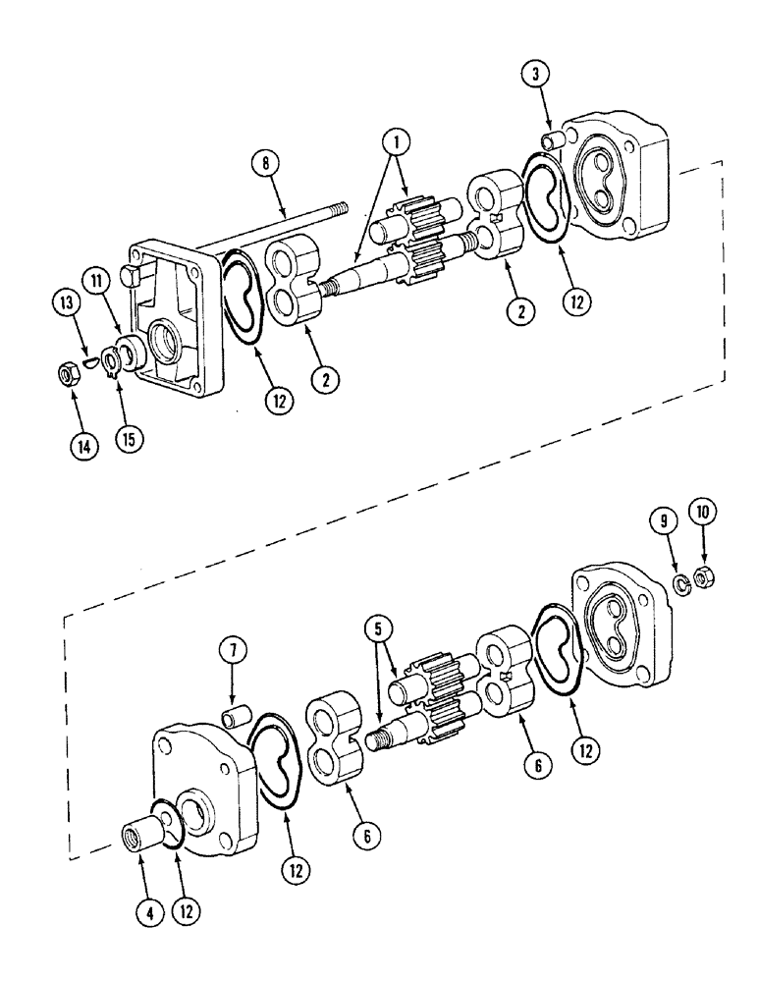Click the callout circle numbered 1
click(398, 143)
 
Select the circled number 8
click(264, 163)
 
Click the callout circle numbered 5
click(380, 628)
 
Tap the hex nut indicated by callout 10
click(703, 576)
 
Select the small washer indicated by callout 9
click(680, 585)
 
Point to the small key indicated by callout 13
click(89, 361)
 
